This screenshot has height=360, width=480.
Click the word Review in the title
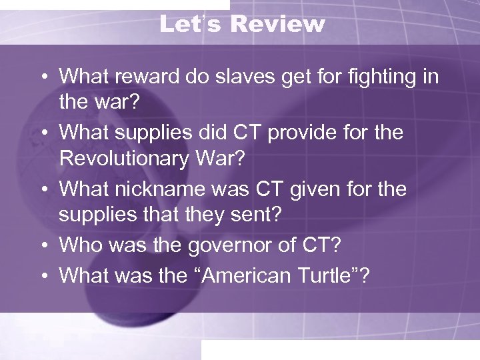[278, 25]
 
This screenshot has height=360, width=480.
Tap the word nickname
[153, 189]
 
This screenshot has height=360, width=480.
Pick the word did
[195, 133]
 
